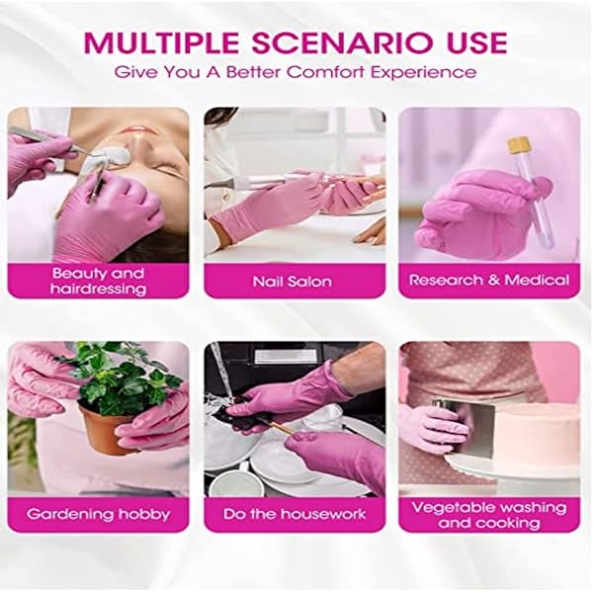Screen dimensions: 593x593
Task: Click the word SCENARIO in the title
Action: pos(345,42)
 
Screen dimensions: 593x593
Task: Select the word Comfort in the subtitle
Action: pos(326,71)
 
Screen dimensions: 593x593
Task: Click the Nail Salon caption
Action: pos(292,282)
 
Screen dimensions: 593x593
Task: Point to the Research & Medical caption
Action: pos(488,280)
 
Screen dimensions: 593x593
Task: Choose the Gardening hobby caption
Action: pos(98,514)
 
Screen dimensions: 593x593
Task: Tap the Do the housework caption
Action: pos(295,514)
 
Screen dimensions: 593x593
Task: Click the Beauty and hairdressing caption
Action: pos(98,281)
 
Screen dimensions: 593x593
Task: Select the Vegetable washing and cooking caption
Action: pos(488,515)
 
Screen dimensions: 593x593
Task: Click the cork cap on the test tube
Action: pos(517,144)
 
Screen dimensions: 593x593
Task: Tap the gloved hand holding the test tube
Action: pos(480,213)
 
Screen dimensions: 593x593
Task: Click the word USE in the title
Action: pos(476,42)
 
